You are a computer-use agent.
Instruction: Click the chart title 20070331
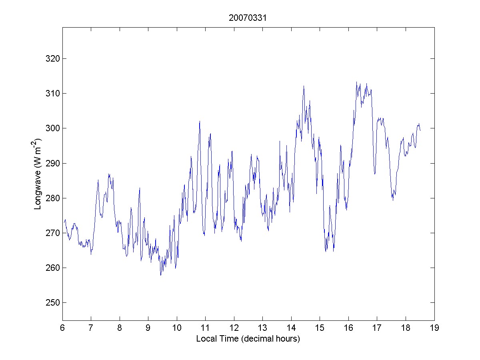248,18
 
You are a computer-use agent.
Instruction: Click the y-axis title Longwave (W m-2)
38,174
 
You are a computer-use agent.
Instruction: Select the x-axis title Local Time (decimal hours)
248,339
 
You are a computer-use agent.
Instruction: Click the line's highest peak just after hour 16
356,82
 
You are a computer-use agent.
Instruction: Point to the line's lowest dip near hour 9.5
161,275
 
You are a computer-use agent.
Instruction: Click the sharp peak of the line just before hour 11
200,121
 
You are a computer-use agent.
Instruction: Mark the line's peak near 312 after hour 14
304,86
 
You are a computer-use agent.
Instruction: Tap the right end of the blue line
420,130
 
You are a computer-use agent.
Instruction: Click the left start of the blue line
63,222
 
